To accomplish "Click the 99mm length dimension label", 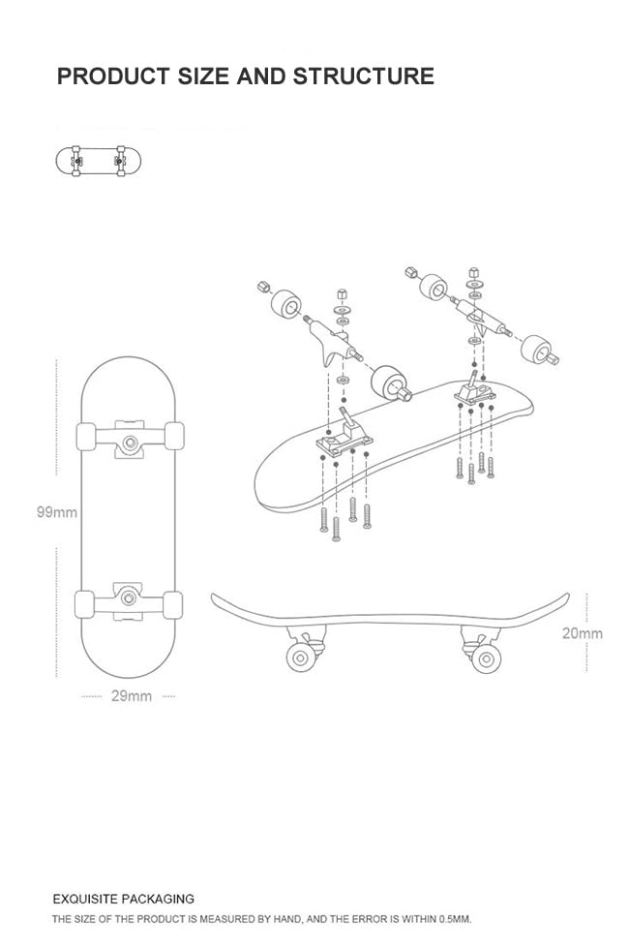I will coord(57,512).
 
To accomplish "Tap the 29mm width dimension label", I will coord(132,695).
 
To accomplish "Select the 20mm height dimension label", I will coord(582,633).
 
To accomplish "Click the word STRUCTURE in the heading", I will coord(363,76).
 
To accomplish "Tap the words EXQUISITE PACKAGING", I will coord(123,899).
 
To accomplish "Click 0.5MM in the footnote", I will coord(452,919).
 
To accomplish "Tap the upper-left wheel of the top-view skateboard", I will coord(85,437).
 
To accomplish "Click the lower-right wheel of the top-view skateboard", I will coord(174,604).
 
